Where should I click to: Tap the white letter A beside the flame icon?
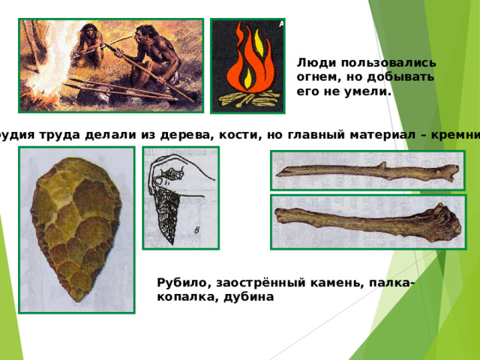point(280,24)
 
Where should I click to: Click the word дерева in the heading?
point(146,133)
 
